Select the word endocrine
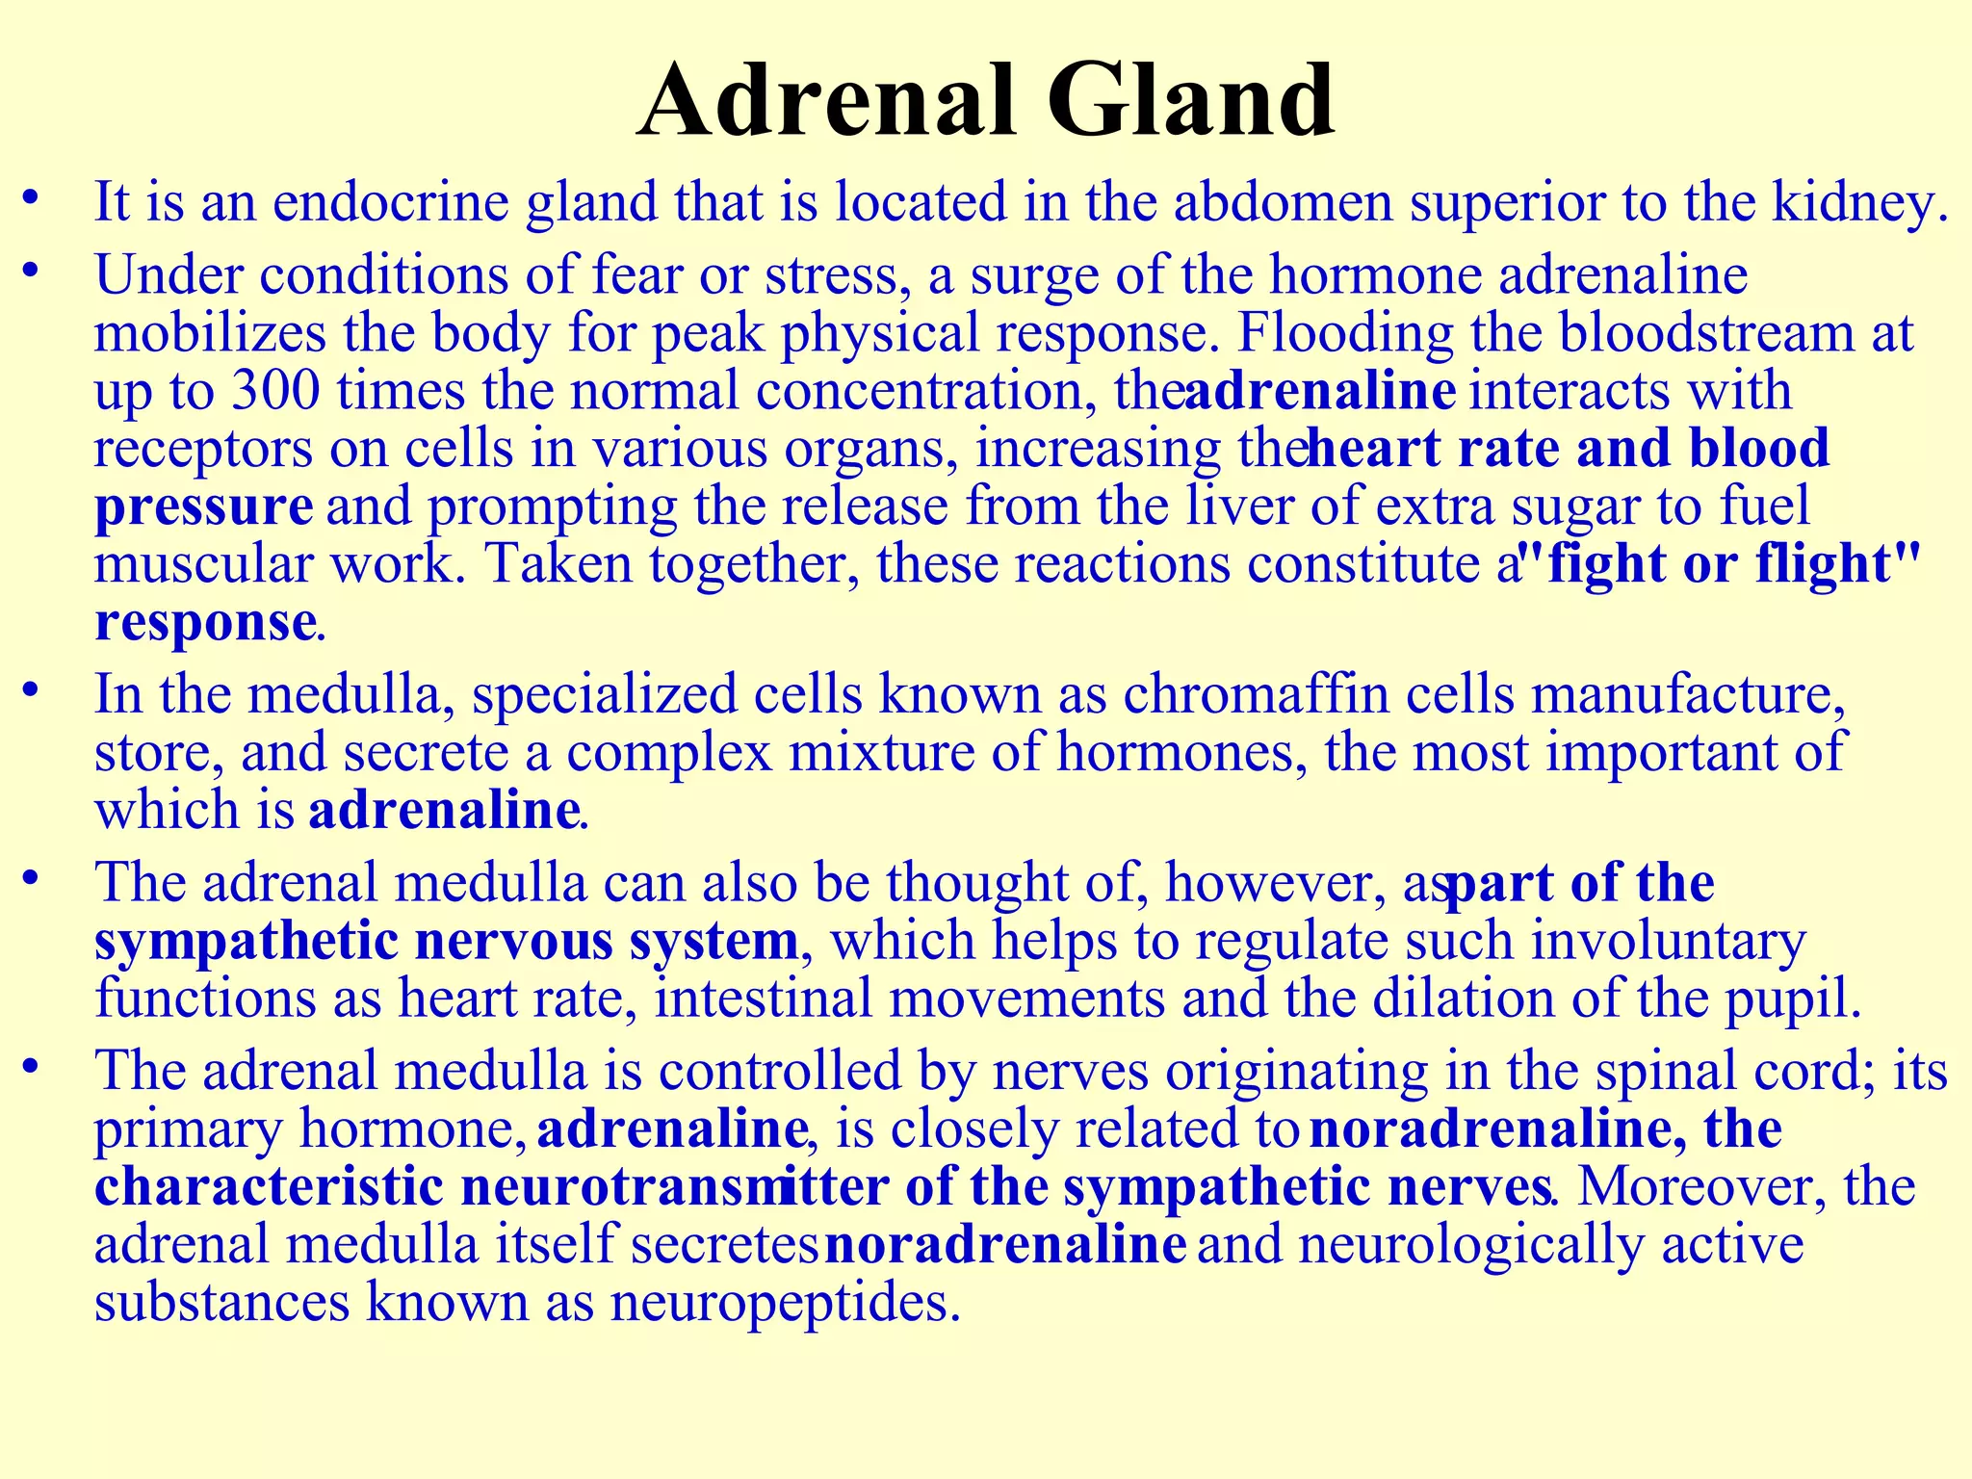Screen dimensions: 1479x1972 [390, 203]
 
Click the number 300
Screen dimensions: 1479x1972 [274, 391]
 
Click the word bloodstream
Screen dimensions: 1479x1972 [1706, 333]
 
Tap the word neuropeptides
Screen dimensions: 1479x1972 [786, 1303]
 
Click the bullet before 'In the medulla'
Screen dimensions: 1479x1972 [32, 691]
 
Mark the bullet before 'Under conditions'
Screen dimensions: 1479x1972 [32, 272]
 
